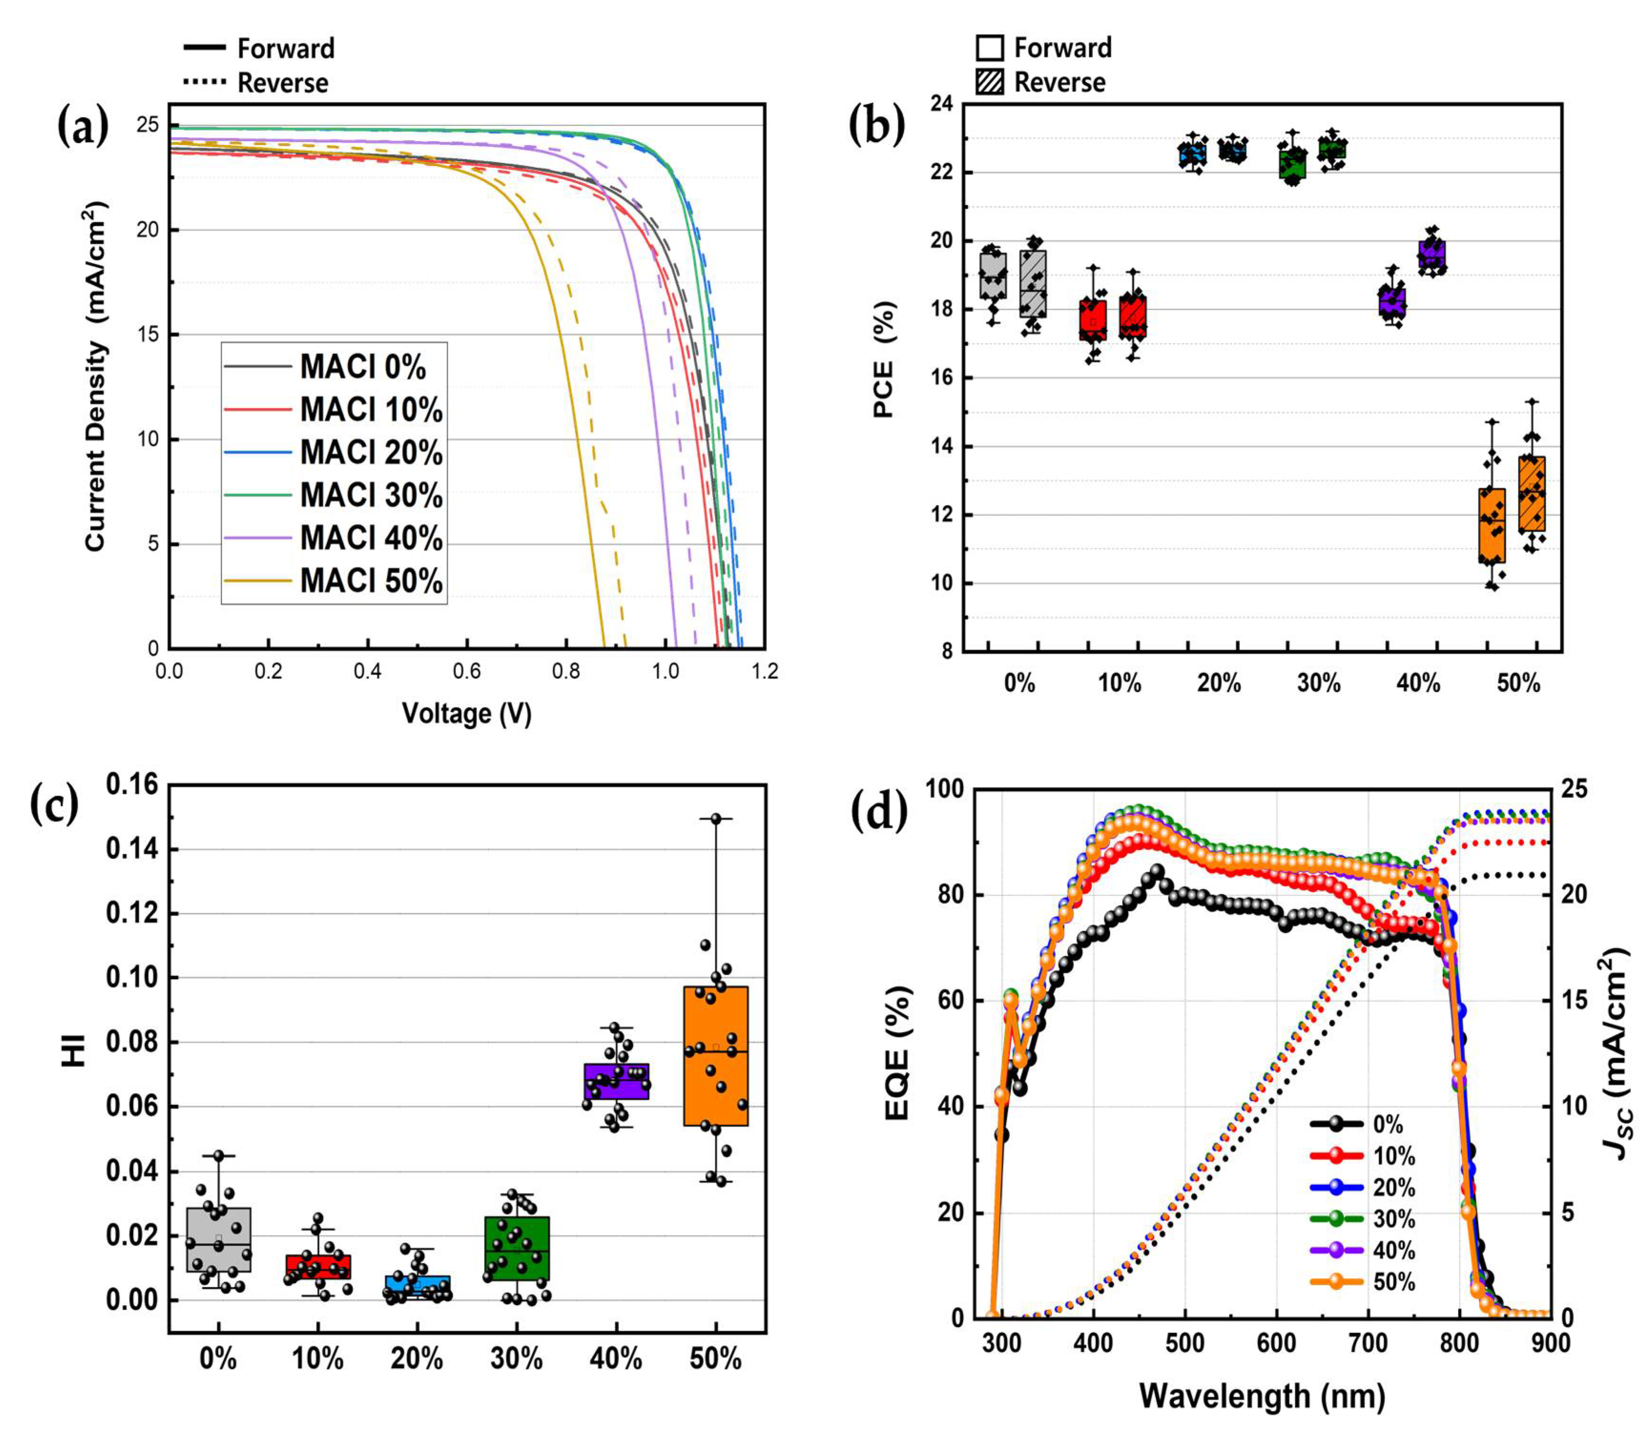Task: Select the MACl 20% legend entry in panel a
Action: click(x=371, y=453)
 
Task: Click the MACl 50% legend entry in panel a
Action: click(x=371, y=580)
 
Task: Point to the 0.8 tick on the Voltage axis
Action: click(x=566, y=671)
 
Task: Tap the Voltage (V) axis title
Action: click(x=466, y=713)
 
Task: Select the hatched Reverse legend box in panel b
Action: click(x=990, y=82)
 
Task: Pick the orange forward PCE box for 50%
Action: click(x=1491, y=525)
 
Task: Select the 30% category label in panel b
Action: click(x=1318, y=684)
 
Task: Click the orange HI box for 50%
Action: click(x=716, y=1056)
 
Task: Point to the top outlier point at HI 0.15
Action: click(x=716, y=819)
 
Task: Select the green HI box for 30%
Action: click(x=517, y=1248)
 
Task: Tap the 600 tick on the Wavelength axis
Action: click(x=1276, y=1344)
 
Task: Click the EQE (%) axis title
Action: click(x=898, y=1052)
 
